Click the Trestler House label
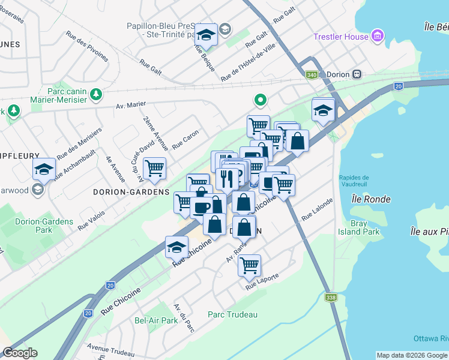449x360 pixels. pyautogui.click(x=340, y=37)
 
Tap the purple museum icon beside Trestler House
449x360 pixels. pyautogui.click(x=378, y=37)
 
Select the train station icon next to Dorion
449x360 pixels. pyautogui.click(x=357, y=74)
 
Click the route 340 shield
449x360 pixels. pyautogui.click(x=312, y=74)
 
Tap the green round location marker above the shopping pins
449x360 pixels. pyautogui.click(x=261, y=100)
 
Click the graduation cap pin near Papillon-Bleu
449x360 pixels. pyautogui.click(x=206, y=35)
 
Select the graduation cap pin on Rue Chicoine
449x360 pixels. pyautogui.click(x=176, y=246)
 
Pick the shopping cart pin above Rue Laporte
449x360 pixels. pyautogui.click(x=249, y=264)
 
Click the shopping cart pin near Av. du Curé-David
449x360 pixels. pyautogui.click(x=155, y=168)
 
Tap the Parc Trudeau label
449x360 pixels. pyautogui.click(x=232, y=314)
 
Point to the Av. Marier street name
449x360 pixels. pyautogui.click(x=131, y=104)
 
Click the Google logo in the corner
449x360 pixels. pyautogui.click(x=20, y=353)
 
